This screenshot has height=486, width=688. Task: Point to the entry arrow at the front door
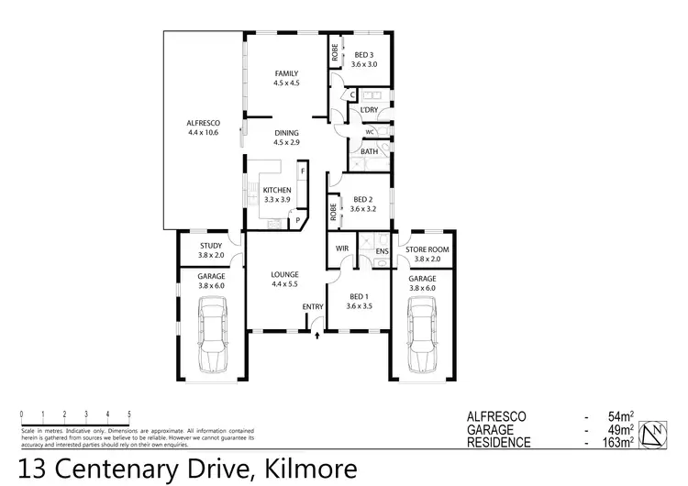(x=317, y=336)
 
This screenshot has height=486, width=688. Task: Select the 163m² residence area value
(x=621, y=442)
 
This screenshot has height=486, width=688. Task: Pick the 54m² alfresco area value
(x=624, y=416)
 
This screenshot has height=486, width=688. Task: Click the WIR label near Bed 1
(x=341, y=249)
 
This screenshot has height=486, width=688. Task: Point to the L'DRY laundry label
(x=369, y=110)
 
